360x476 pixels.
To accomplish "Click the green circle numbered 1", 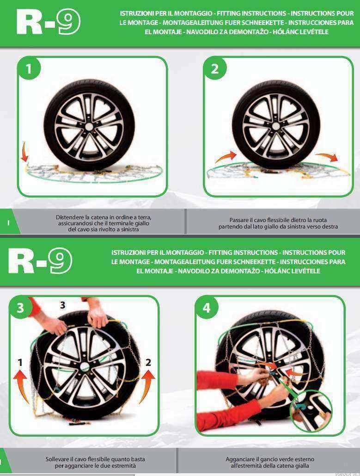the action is tap(29, 68).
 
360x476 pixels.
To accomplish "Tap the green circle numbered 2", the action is tap(215, 68).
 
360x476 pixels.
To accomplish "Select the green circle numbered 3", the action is tap(20, 308).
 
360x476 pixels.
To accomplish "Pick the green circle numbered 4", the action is tap(207, 308).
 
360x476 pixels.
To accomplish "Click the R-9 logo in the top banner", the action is tap(49, 22).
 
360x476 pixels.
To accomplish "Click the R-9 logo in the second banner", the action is tap(40, 261).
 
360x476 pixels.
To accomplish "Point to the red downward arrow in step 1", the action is tap(24, 151).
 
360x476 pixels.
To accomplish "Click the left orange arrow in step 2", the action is tap(226, 157).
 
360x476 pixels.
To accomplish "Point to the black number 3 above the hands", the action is tap(62, 305).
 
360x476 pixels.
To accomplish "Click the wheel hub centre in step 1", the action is tap(89, 127).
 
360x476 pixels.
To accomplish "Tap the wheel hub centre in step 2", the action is tap(276, 126).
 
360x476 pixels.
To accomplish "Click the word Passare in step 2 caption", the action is tap(239, 220).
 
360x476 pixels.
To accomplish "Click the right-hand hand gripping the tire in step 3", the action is tap(98, 317).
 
